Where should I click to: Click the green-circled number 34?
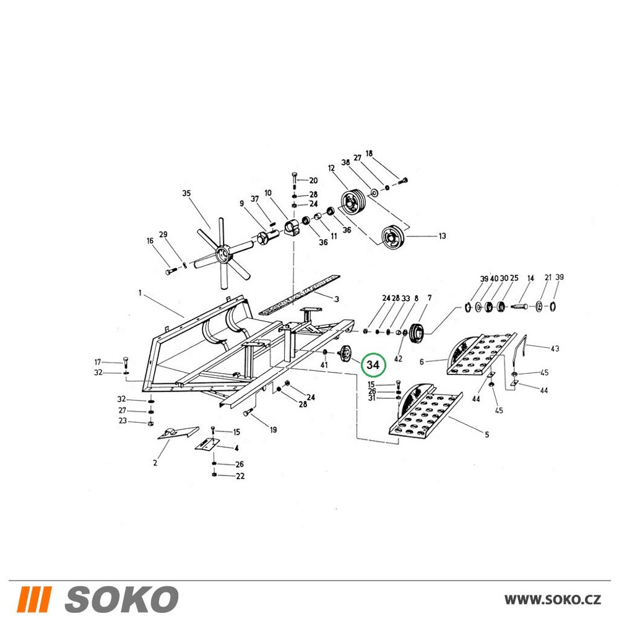tap(373, 365)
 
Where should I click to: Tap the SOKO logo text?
tap(121, 599)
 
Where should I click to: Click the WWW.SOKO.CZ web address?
tap(553, 600)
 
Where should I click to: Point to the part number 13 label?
tap(442, 236)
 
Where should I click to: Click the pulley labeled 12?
tap(353, 202)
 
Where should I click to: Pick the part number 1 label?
tap(140, 293)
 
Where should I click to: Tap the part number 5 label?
tap(487, 435)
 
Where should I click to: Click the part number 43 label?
tap(555, 348)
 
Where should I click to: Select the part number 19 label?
tap(273, 430)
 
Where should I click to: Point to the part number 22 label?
tap(240, 476)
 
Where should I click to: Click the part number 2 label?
tap(155, 462)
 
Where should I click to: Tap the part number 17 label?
tap(98, 362)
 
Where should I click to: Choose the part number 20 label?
tap(313, 180)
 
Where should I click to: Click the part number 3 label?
tap(336, 299)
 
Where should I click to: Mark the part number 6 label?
tap(422, 361)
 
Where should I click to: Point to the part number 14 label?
tap(530, 278)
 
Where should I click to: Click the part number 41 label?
tap(324, 365)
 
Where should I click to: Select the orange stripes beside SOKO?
tap(34, 599)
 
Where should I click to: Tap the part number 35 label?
tap(186, 193)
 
